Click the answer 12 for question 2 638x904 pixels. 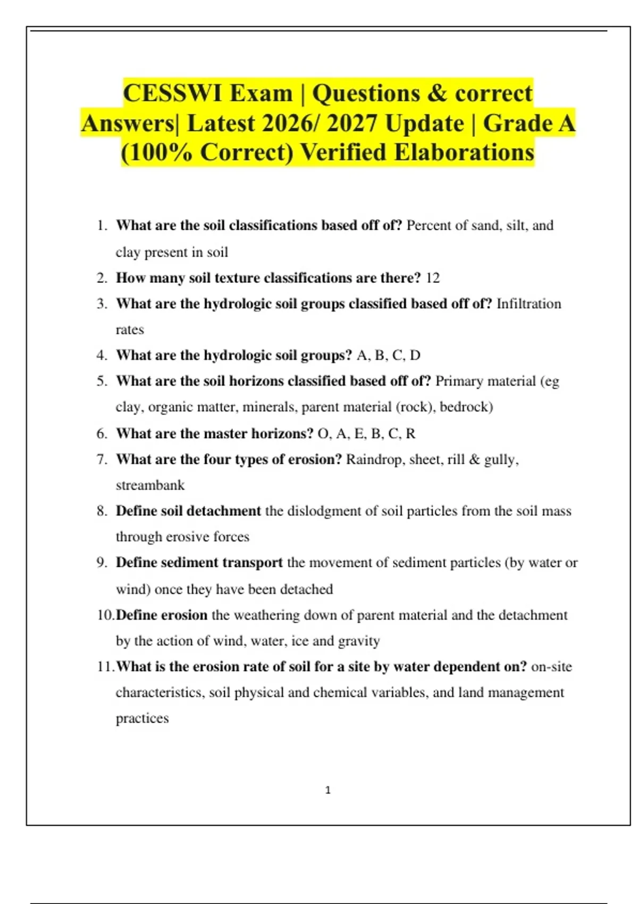pos(433,278)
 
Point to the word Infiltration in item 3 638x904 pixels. pos(528,304)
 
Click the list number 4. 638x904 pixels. pos(102,355)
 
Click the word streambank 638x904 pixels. pos(150,485)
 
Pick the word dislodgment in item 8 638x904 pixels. pos(318,511)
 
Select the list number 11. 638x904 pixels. pos(105,667)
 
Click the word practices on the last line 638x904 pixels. pos(142,718)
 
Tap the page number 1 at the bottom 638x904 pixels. pos(328,790)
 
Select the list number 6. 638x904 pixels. pos(102,433)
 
